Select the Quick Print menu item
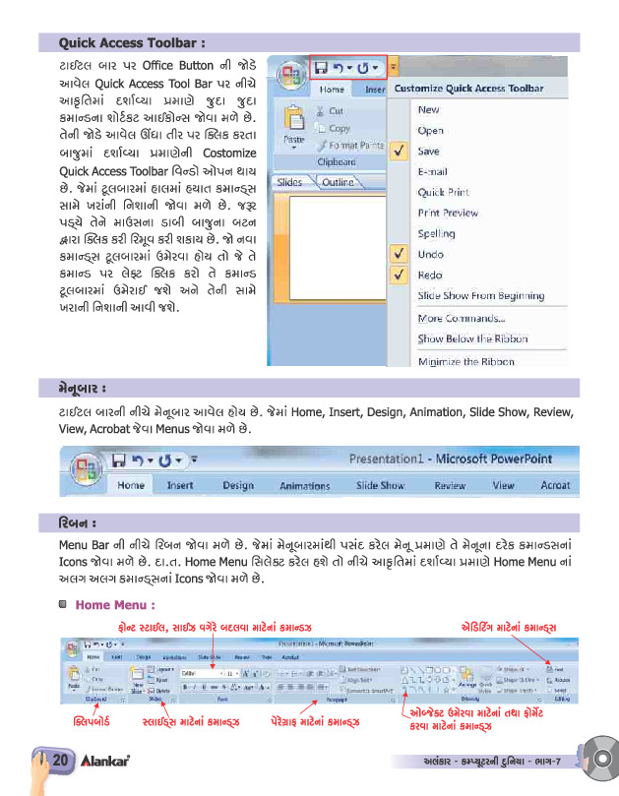coord(443,192)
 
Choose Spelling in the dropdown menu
coord(436,234)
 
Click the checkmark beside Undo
coord(400,254)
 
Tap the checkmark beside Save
coord(400,152)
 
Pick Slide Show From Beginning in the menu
coord(480,295)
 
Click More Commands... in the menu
coord(461,318)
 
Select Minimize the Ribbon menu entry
coord(465,361)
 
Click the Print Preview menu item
coord(448,213)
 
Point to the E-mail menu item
coord(433,171)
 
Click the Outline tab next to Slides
coord(338,182)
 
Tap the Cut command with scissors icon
coord(335,112)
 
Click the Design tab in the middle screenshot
coord(237,485)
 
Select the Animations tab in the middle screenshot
coord(304,486)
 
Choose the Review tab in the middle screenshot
coord(450,485)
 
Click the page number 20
coord(59,760)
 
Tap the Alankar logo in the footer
coord(106,761)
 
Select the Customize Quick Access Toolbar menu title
coord(468,89)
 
